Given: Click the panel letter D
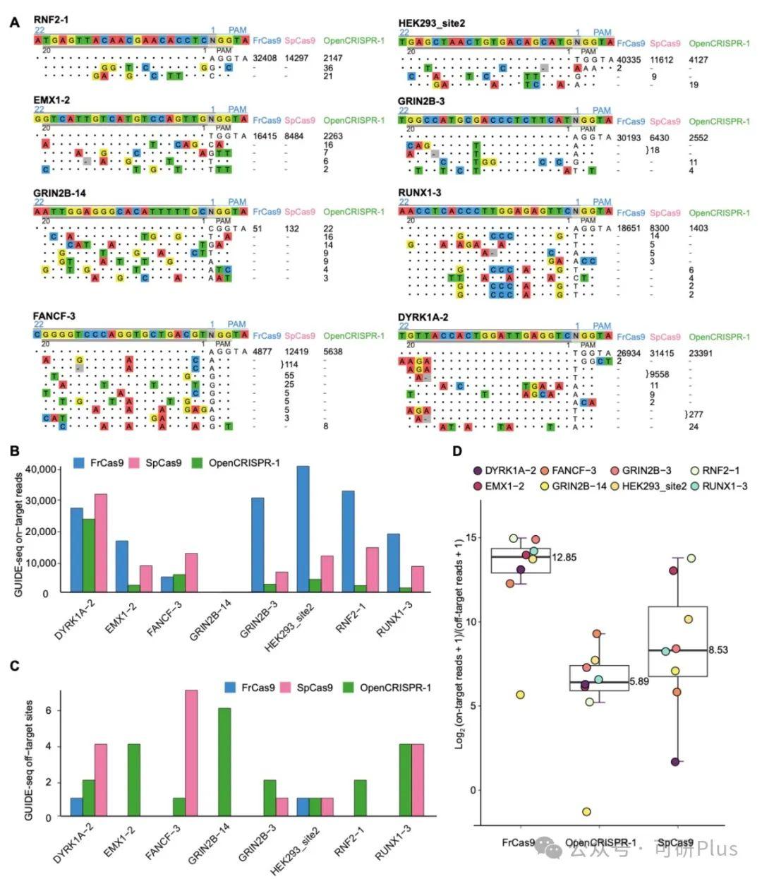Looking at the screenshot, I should click(457, 450).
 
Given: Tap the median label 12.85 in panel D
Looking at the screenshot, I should click(564, 558).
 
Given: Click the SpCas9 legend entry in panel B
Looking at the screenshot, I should click(163, 463).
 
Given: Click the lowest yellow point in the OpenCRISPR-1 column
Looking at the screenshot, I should click(586, 812).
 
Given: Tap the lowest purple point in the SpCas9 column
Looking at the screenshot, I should click(675, 762).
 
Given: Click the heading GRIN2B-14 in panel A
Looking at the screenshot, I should click(60, 193).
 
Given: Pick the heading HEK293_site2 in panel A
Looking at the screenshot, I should click(432, 23).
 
